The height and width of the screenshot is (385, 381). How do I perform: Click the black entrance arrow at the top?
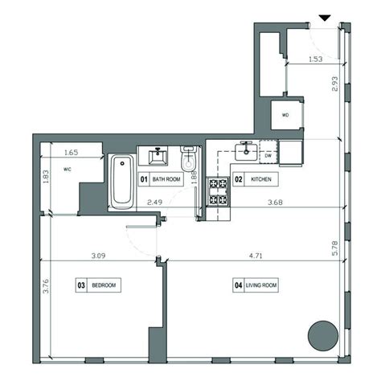click(x=325, y=17)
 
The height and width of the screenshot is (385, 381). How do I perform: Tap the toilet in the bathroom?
click(x=189, y=158)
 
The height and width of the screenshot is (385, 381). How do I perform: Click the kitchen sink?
click(x=245, y=150)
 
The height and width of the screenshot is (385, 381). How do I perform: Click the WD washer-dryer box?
click(x=285, y=114)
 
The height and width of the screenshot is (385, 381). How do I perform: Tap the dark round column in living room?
click(x=323, y=334)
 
